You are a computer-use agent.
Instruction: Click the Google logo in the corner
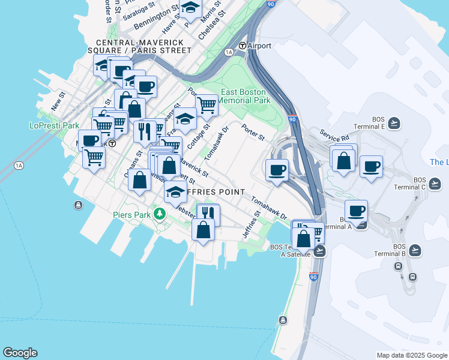(x=20, y=353)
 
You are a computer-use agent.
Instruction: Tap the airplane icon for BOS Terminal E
(x=394, y=123)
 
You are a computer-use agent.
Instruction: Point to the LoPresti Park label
(x=54, y=126)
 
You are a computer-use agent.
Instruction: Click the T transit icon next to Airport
(x=243, y=46)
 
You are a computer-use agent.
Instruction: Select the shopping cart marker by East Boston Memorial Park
(x=206, y=105)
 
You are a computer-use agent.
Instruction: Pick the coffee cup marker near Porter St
(x=277, y=170)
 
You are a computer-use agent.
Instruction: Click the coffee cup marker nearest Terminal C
(x=371, y=166)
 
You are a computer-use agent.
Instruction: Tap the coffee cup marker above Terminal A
(x=356, y=211)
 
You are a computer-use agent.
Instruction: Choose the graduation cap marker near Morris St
(x=190, y=8)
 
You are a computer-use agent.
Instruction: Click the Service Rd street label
(x=334, y=136)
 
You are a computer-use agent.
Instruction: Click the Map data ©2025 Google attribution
(x=411, y=355)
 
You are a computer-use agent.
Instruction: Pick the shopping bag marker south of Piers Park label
(x=203, y=230)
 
